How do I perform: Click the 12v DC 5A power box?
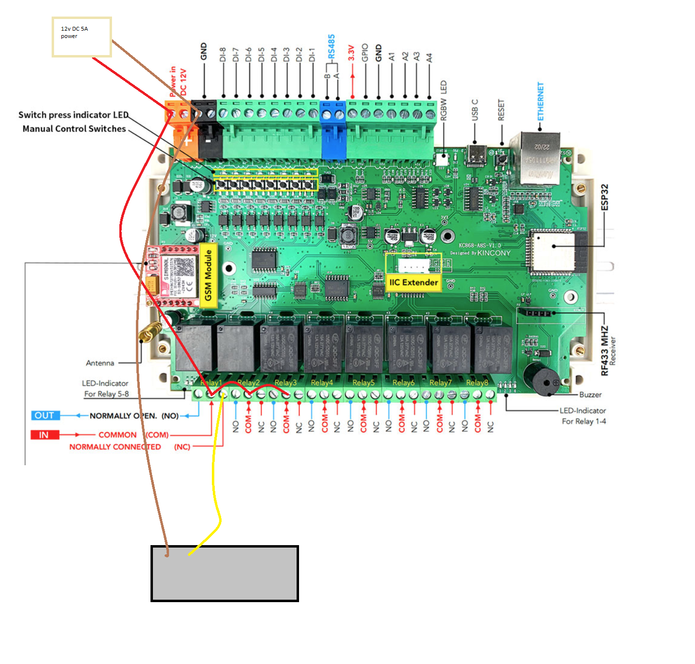82,37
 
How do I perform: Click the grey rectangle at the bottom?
225,573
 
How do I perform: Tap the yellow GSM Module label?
208,275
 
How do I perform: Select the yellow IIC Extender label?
413,282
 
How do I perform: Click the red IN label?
44,435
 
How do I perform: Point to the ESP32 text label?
604,197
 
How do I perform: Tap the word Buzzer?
590,395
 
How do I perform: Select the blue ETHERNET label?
540,101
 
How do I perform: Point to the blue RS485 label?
331,46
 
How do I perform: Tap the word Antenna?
100,363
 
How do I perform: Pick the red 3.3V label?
351,53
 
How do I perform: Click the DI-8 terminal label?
223,54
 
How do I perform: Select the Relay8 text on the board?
477,382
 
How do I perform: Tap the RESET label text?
501,110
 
